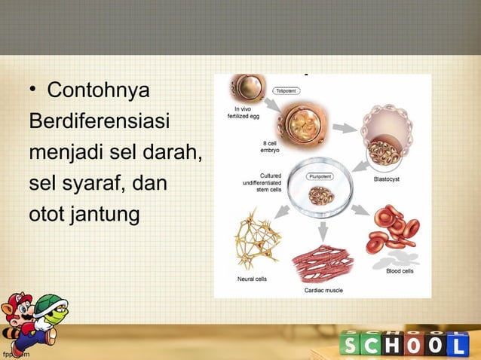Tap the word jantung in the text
pyautogui.click(x=106, y=214)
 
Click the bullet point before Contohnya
pyautogui.click(x=33, y=93)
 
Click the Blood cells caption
pyautogui.click(x=400, y=271)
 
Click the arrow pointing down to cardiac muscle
pyautogui.click(x=323, y=229)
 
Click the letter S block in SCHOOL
pyautogui.click(x=351, y=346)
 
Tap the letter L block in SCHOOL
pyautogui.click(x=461, y=346)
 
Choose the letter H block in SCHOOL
pyautogui.click(x=395, y=346)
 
